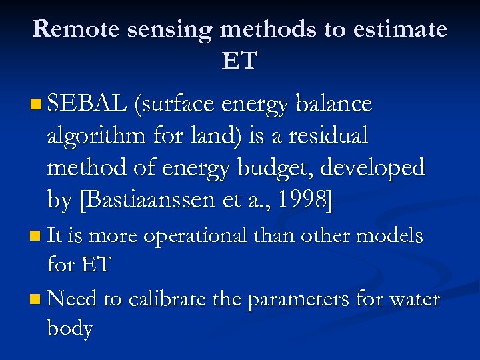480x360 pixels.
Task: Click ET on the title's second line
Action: tap(239, 61)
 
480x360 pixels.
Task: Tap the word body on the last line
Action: tap(70, 328)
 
